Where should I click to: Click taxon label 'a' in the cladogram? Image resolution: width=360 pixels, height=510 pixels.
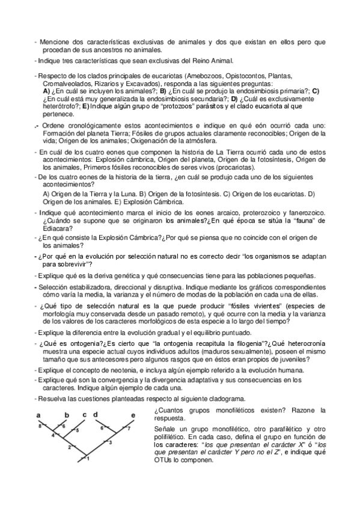tap(38, 415)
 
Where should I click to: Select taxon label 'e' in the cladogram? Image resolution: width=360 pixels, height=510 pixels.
tap(133, 415)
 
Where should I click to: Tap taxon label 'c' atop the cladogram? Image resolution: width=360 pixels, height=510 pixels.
tap(85, 414)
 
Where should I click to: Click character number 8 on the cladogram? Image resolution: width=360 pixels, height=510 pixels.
tap(40, 426)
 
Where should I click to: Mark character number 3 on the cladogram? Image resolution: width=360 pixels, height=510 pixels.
tap(110, 443)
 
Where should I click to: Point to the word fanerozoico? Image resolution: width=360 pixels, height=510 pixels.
tap(305, 214)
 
